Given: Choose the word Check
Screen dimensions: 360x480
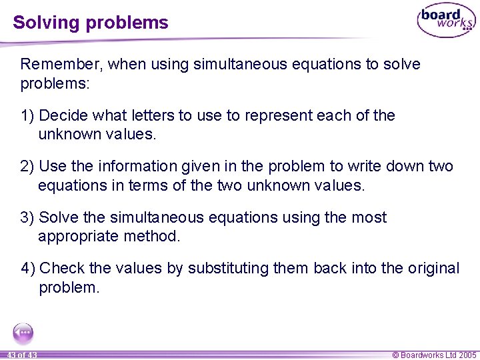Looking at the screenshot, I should tap(62, 268).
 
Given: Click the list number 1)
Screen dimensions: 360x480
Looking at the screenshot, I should tap(28, 115).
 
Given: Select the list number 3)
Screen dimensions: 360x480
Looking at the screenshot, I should tap(28, 217).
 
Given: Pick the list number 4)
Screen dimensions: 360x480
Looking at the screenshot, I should tap(29, 268).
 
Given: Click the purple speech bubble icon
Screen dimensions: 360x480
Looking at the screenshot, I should tap(23, 333).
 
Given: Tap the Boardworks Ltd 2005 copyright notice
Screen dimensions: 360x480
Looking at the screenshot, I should tap(434, 355).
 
